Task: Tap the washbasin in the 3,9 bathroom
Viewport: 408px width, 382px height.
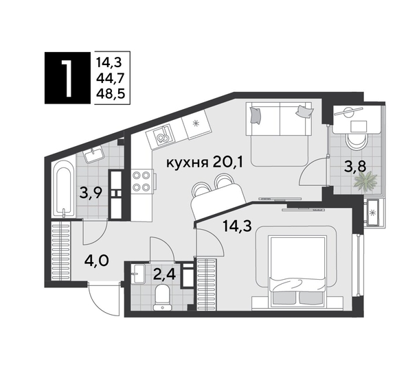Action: pos(93,156)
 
